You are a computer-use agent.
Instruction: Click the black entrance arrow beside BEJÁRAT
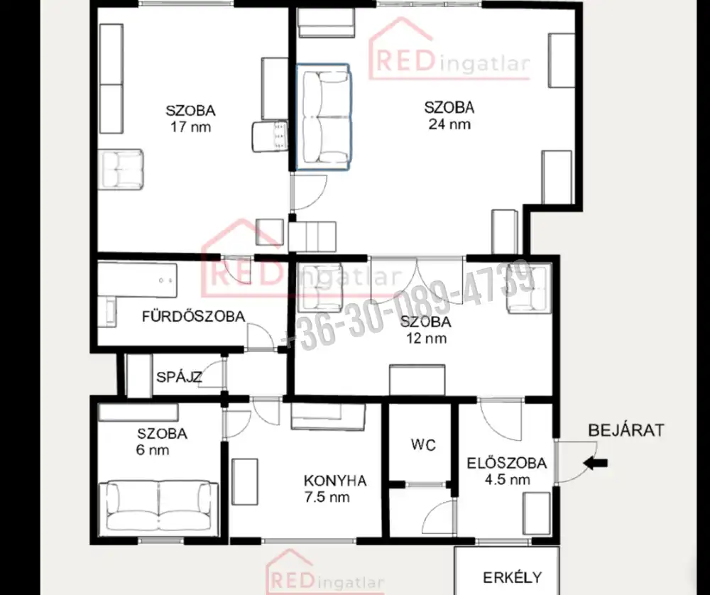point(596,463)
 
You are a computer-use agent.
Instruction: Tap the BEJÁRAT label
point(626,430)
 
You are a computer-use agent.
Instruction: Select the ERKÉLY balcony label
point(512,578)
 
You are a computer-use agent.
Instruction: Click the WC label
point(423,444)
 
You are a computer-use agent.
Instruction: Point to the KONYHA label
point(334,481)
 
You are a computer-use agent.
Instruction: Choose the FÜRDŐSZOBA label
point(194,316)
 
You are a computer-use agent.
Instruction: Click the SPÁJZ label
point(179,377)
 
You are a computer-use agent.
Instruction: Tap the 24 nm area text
point(449,124)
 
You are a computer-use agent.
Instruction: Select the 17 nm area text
point(190,127)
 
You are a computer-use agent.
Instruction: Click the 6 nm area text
point(153,450)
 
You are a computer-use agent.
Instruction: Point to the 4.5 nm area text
point(507,479)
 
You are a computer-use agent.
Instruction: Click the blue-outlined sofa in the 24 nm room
point(322,117)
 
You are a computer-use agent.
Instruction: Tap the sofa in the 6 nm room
point(159,507)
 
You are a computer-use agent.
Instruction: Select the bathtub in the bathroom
point(138,280)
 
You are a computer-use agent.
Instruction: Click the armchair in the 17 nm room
point(122,170)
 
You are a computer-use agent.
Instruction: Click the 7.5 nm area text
point(327,497)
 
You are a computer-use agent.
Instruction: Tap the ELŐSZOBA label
point(507,463)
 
